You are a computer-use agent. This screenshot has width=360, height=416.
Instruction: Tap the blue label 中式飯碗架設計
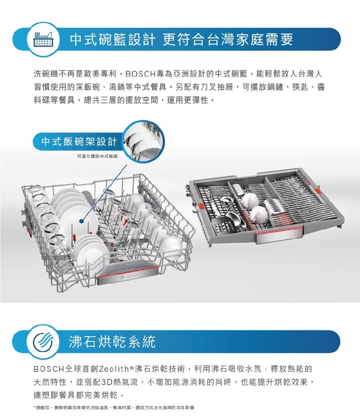pos(79,142)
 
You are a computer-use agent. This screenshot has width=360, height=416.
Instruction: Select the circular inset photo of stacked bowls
pos(143,140)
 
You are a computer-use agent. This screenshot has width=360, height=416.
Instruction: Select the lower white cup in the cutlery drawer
pos(259,214)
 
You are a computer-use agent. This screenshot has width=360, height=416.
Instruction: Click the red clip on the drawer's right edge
pos(317,191)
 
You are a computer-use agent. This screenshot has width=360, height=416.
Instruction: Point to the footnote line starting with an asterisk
pos(113,407)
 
